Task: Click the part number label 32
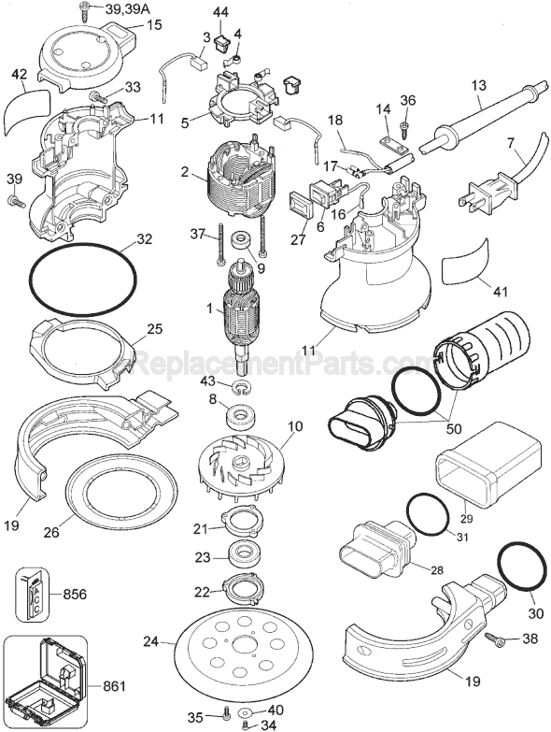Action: pyautogui.click(x=143, y=239)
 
